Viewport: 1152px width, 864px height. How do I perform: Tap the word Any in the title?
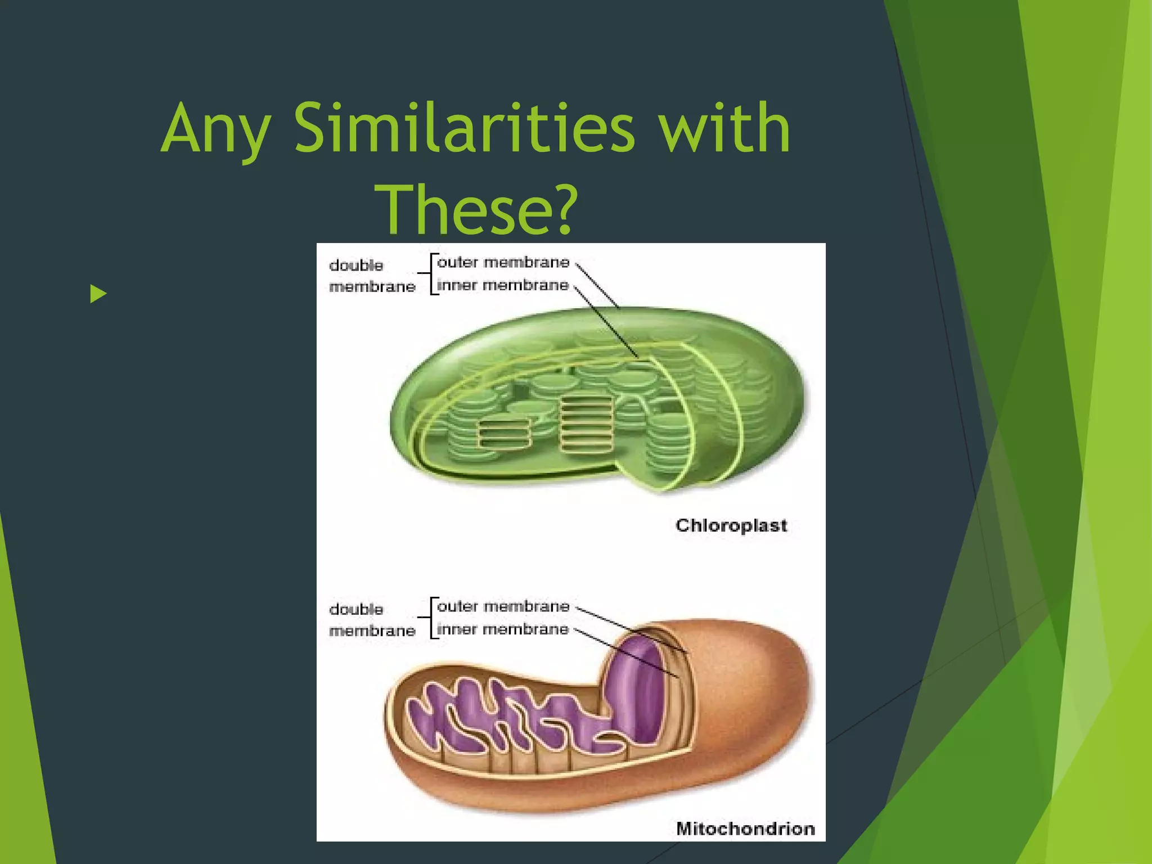[216, 129]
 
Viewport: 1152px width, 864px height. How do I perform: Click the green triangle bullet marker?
[98, 294]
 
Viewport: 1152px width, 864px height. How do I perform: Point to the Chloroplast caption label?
[731, 525]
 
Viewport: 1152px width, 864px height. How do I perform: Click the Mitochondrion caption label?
[745, 829]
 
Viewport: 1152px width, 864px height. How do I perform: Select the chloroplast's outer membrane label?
[503, 263]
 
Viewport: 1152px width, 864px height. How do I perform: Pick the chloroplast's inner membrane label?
[502, 285]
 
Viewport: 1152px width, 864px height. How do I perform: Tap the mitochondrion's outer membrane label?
[503, 606]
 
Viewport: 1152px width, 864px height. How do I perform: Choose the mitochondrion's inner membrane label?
[502, 629]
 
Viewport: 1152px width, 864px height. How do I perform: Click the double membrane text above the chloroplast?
[371, 276]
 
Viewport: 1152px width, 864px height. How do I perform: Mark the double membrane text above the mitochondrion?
[371, 619]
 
